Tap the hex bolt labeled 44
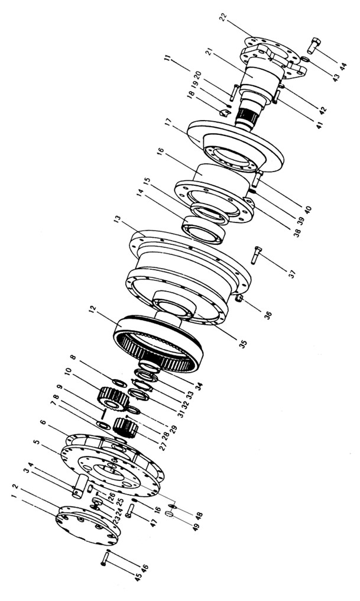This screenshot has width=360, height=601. [x=313, y=46]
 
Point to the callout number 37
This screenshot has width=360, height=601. [x=293, y=274]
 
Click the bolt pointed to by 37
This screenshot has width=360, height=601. [x=256, y=254]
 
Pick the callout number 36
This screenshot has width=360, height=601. [x=268, y=315]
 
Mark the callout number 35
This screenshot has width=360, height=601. [x=243, y=344]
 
